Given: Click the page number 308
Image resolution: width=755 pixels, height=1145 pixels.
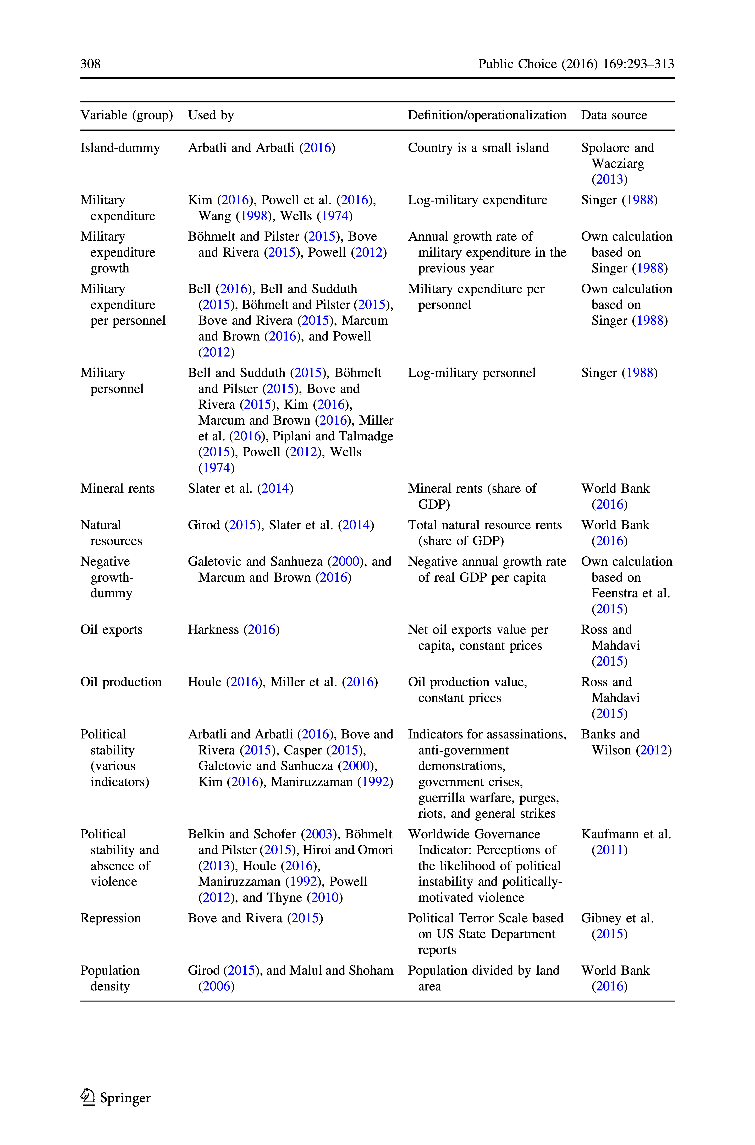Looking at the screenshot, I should click(91, 64).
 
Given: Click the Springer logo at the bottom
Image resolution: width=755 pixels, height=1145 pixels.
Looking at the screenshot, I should click(115, 1098).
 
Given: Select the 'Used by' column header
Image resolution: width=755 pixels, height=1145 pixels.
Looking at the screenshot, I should click(211, 115).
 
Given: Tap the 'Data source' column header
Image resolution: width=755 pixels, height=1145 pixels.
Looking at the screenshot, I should click(614, 115).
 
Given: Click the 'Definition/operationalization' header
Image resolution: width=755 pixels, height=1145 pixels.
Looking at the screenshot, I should click(487, 115).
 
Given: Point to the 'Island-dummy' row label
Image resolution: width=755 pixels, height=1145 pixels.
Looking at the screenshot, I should click(120, 148).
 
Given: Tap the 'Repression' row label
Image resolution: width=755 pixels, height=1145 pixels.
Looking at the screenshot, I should click(110, 918).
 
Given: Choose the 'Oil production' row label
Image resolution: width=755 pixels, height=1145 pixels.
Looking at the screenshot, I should click(121, 682).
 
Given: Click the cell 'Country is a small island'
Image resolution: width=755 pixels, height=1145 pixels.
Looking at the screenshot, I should click(478, 148).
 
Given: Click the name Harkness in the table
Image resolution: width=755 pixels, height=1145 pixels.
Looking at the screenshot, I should click(213, 630).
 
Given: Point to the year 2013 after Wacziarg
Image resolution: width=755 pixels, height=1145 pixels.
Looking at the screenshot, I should click(610, 180).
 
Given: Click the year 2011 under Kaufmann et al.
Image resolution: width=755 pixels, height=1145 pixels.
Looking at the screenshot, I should click(610, 850).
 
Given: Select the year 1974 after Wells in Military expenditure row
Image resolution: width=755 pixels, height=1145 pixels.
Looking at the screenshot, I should click(335, 216).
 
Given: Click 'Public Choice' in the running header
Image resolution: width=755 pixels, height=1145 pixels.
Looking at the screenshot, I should click(517, 64).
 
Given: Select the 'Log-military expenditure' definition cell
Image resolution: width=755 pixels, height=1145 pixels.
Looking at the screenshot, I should click(478, 200).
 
